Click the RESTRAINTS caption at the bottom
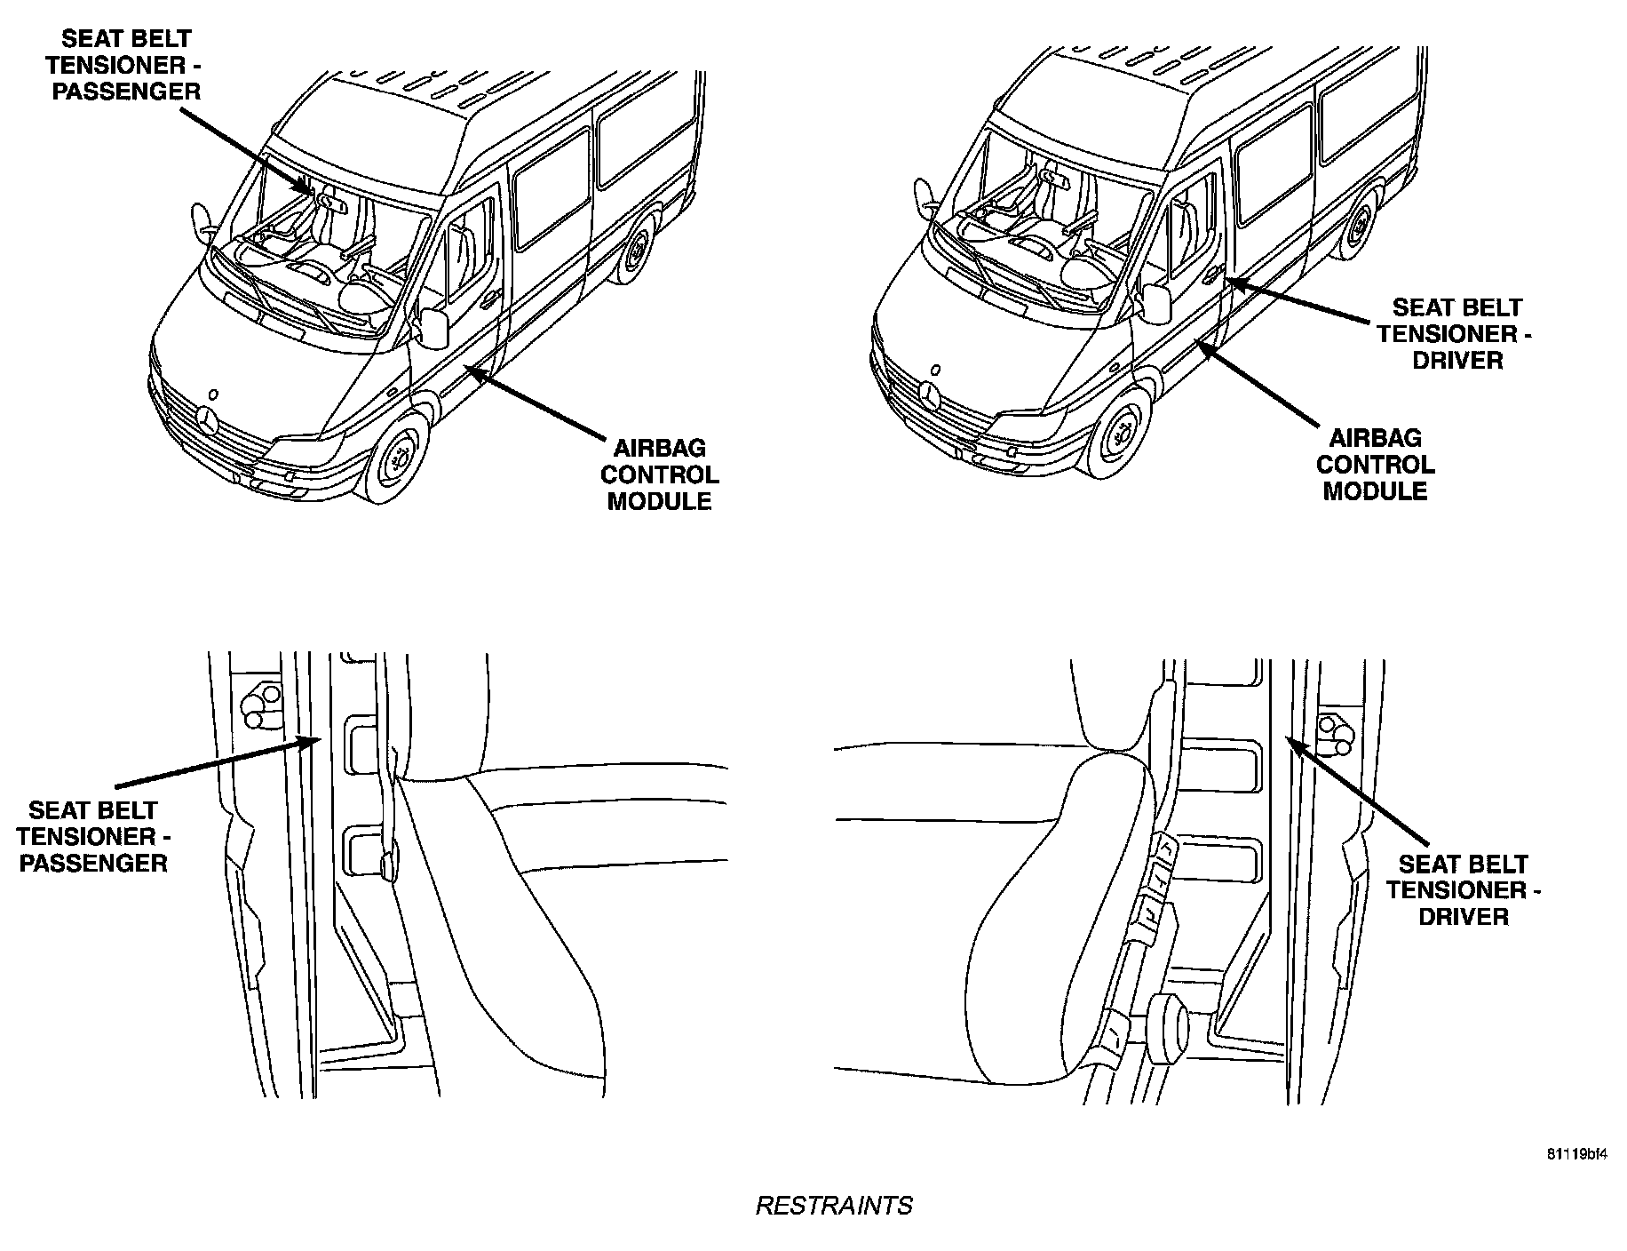(x=833, y=1206)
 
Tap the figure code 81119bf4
(x=1576, y=1155)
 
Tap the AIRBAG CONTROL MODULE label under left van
(x=659, y=474)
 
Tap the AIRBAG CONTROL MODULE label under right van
(x=1375, y=465)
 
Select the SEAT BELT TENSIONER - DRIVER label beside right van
(x=1456, y=334)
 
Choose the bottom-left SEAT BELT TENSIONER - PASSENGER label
(x=93, y=836)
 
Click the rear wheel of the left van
(x=638, y=253)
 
